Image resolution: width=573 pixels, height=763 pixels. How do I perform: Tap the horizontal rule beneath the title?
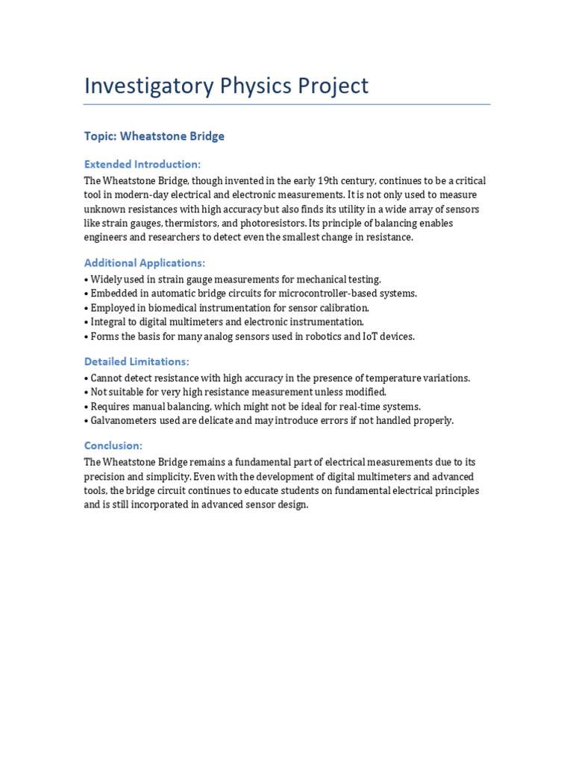[x=286, y=104]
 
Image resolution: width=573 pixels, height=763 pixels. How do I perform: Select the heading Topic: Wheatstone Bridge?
[x=154, y=136]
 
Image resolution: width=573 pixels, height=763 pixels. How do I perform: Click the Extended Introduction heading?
[x=143, y=164]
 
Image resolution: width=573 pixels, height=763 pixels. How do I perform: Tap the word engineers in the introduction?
[x=106, y=238]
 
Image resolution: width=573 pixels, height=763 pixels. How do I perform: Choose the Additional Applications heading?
[x=145, y=263]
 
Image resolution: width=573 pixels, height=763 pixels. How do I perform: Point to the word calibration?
[x=342, y=308]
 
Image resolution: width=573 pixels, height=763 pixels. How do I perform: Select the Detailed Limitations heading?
[x=137, y=361]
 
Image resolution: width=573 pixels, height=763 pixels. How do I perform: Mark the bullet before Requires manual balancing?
[x=87, y=407]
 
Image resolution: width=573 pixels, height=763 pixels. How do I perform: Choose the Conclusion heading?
[x=113, y=446]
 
